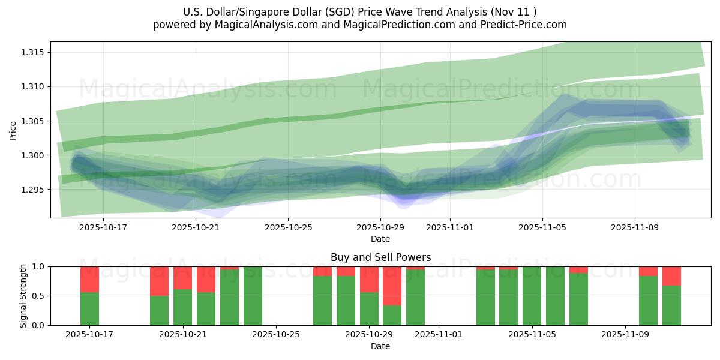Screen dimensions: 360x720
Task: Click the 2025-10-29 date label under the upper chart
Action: click(x=380, y=228)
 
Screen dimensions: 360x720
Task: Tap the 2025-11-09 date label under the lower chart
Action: click(x=625, y=335)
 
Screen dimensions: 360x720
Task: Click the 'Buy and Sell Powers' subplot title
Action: click(x=380, y=257)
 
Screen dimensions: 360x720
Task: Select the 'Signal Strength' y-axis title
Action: click(x=23, y=296)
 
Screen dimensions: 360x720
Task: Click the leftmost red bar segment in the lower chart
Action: click(x=89, y=280)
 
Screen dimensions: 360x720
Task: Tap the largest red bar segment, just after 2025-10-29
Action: click(x=392, y=286)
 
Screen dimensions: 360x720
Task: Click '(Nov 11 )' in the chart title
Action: click(x=514, y=12)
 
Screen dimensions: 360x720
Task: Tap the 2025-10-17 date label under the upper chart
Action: click(x=103, y=228)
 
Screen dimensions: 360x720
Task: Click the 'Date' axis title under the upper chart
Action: click(x=380, y=239)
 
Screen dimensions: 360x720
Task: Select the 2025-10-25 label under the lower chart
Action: click(x=276, y=335)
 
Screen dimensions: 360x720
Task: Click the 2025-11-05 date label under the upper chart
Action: click(x=542, y=228)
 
